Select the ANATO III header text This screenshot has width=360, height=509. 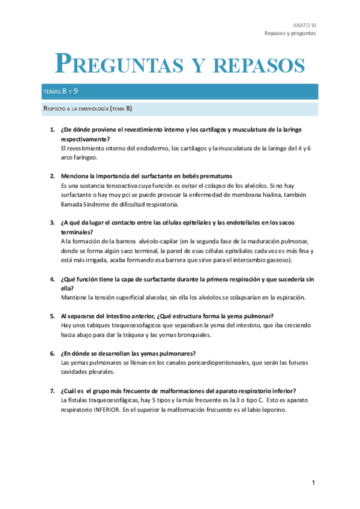[x=304, y=25]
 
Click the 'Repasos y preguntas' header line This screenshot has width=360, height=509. [x=290, y=34]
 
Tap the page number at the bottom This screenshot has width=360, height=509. [x=313, y=483]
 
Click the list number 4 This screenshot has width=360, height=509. [x=52, y=280]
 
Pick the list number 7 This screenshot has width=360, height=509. [x=52, y=391]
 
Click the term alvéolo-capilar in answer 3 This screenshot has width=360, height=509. [x=149, y=241]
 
